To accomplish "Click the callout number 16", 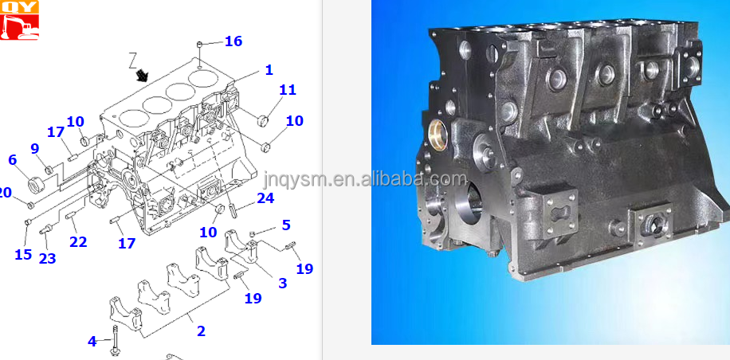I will (x=233, y=41).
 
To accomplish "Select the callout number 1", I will (x=269, y=70).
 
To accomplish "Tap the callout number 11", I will (x=287, y=90).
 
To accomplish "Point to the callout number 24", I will (x=265, y=198).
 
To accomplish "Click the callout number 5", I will (x=285, y=225).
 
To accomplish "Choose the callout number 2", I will (x=201, y=331).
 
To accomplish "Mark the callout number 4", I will (x=92, y=341).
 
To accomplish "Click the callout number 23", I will (x=48, y=258).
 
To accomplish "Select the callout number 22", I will (x=77, y=241).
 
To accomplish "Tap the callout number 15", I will (x=23, y=255).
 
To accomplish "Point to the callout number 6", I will (x=12, y=159).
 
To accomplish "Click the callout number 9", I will (x=34, y=148).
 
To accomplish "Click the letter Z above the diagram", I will (x=134, y=58).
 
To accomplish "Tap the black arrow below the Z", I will (x=143, y=76).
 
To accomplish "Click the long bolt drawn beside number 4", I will (x=116, y=338).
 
